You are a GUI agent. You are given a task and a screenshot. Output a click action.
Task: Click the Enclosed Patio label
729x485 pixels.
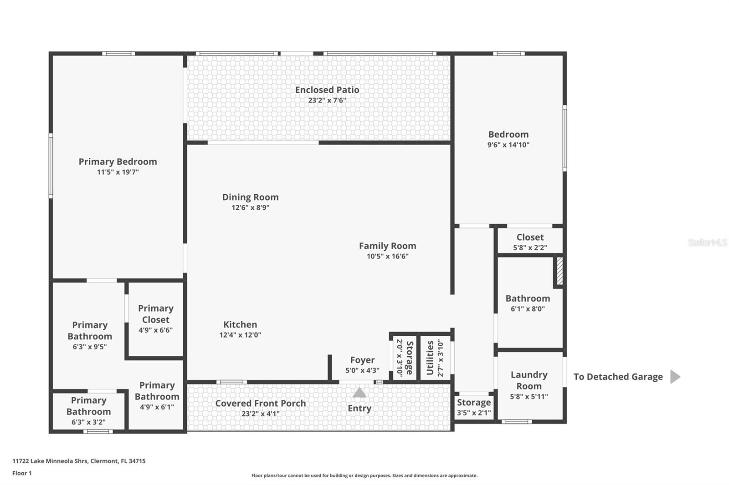(327, 90)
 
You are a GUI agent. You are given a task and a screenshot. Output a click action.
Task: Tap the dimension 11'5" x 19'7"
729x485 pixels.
(118, 172)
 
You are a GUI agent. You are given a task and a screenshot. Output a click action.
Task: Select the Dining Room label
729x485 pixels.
(250, 197)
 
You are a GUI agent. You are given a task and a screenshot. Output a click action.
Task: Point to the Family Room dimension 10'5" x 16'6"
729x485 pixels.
(387, 256)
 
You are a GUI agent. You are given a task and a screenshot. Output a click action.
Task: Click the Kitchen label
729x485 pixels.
(240, 324)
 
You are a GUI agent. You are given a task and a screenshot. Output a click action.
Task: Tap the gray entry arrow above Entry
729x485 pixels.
(359, 393)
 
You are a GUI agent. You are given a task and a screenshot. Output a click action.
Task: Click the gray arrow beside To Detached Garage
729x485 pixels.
(675, 377)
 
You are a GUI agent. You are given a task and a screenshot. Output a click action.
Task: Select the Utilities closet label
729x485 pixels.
(430, 358)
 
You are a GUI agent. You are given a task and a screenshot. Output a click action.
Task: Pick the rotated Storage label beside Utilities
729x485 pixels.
(410, 358)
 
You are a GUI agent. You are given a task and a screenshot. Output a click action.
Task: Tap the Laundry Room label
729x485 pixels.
(529, 380)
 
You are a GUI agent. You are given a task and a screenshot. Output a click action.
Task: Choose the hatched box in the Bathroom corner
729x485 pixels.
(560, 272)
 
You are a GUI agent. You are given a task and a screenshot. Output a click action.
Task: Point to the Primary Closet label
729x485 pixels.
(156, 314)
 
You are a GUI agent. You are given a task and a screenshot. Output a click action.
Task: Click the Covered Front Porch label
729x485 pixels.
(260, 403)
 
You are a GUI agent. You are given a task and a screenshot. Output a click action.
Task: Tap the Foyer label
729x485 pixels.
(362, 360)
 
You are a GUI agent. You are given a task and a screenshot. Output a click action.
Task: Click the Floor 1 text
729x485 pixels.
(22, 473)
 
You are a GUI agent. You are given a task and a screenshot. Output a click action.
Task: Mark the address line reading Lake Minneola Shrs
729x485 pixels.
(79, 461)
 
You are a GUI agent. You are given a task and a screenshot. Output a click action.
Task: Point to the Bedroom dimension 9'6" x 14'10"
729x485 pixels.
(508, 145)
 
